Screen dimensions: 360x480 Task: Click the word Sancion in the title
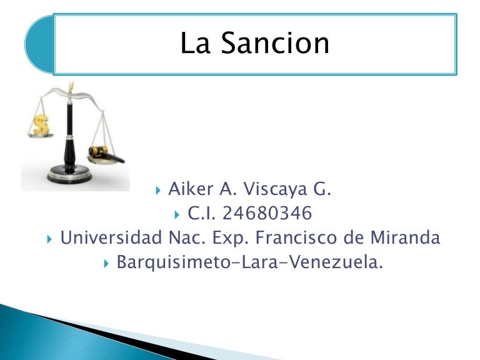[x=276, y=43]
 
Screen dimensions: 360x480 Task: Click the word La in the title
[x=195, y=43]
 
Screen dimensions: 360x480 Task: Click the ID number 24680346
[x=267, y=214]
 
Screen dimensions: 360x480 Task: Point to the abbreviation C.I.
[x=202, y=214]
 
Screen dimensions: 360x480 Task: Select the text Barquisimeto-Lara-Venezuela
[x=249, y=262]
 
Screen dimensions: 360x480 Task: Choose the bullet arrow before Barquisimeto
[x=107, y=263]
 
